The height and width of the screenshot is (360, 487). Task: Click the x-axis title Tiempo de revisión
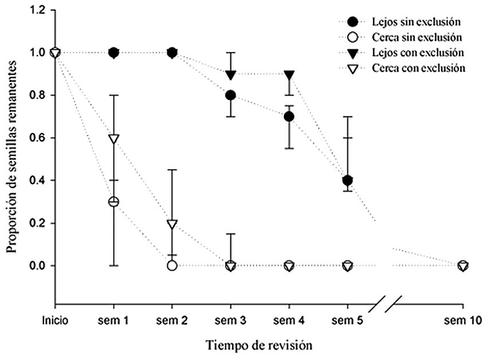(x=259, y=346)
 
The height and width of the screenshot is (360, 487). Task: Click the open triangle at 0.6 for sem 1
(x=113, y=139)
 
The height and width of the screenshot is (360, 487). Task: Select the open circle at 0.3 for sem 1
(x=113, y=202)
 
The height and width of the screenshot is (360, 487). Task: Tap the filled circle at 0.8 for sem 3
(x=230, y=95)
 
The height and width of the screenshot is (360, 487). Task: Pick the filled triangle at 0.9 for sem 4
(x=289, y=75)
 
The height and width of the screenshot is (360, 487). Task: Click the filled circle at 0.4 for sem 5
(x=347, y=181)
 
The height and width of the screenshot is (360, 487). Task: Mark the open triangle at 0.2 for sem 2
(x=172, y=224)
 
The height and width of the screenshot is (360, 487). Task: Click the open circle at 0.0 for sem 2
(x=172, y=265)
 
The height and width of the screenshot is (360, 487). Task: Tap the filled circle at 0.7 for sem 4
(x=289, y=116)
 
